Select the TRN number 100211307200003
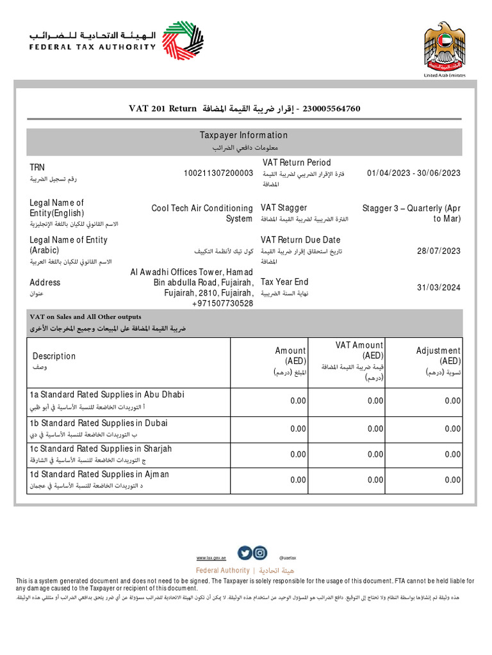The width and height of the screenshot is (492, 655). coord(218,173)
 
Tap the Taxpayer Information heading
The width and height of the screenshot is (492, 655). coord(243,135)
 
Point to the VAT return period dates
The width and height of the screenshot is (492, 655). coord(414,173)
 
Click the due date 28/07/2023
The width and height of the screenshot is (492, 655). coord(439,251)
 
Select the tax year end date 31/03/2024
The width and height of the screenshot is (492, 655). coord(439,288)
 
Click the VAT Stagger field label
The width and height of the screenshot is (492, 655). coord(284,208)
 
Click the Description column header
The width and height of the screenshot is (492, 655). coord(54,356)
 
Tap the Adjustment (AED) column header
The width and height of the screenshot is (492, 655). coord(438,356)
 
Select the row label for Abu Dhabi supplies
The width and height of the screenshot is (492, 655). coord(107,395)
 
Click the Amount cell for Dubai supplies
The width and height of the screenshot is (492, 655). coord(298,429)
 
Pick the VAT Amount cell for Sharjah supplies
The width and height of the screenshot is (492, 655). coord(375,454)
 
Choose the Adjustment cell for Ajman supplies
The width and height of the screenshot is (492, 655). coord(452,480)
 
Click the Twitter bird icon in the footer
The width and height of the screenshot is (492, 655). coord(245,553)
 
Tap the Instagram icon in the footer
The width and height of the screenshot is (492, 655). coord(259,553)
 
